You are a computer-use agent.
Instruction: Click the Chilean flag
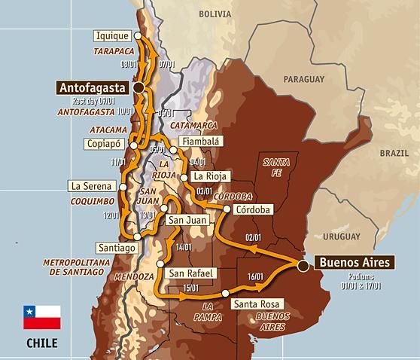pyautogui.click(x=41, y=316)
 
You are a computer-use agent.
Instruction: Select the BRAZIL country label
pyautogui.click(x=394, y=152)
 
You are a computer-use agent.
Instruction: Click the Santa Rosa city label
pyautogui.click(x=255, y=304)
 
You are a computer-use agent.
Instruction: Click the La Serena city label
pyautogui.click(x=90, y=185)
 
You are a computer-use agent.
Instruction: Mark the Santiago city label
pyautogui.click(x=117, y=247)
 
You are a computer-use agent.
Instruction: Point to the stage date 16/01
pyautogui.click(x=255, y=277)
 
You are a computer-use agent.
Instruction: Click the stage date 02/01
pyautogui.click(x=253, y=238)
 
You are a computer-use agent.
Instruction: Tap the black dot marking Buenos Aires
pyautogui.click(x=302, y=265)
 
